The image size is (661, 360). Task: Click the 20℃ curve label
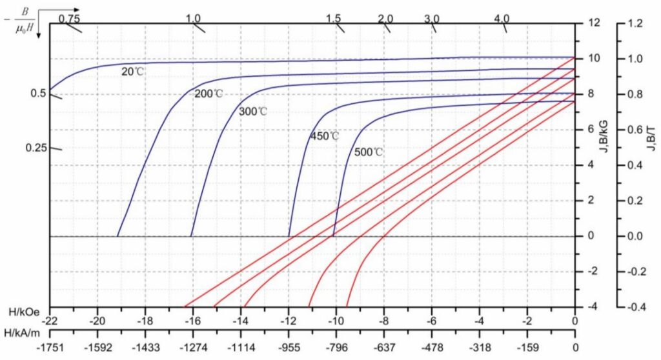coord(133,72)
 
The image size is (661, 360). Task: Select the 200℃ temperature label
coord(208,94)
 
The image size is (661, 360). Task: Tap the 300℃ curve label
coord(253,112)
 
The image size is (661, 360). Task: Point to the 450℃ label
coord(325,136)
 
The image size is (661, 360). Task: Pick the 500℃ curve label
coord(369,153)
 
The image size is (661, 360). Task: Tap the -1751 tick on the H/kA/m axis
coord(50,346)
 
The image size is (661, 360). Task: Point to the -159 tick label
coord(527,346)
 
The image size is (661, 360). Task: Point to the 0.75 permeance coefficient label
coord(68,18)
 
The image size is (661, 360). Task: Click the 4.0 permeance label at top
coord(502,18)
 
